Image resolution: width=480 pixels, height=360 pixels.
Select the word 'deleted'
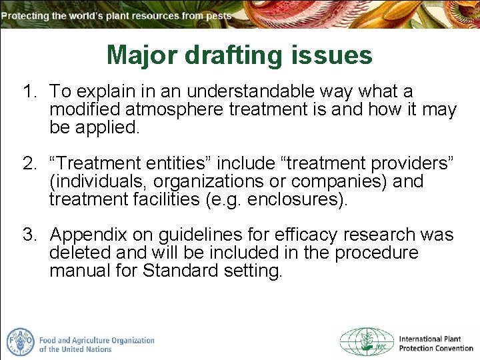[80, 253]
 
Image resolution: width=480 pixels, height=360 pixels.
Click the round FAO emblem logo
[20, 341]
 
